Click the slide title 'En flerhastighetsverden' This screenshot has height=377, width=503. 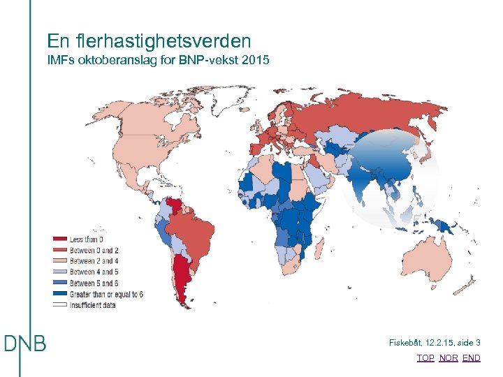pyautogui.click(x=149, y=41)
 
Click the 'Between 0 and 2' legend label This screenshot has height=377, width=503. pyautogui.click(x=94, y=250)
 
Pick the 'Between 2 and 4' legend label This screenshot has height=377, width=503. pyautogui.click(x=94, y=261)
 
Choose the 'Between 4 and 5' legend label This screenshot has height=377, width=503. pyautogui.click(x=94, y=272)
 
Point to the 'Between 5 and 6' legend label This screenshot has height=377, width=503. pyautogui.click(x=94, y=283)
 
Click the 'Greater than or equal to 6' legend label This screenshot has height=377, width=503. pyautogui.click(x=106, y=293)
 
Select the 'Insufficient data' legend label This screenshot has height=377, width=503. pyautogui.click(x=93, y=304)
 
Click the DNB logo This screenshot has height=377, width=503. pyautogui.click(x=26, y=343)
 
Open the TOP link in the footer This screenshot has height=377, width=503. pyautogui.click(x=425, y=357)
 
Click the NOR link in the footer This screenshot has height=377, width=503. pyautogui.click(x=449, y=357)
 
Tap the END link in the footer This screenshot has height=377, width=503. pyautogui.click(x=472, y=357)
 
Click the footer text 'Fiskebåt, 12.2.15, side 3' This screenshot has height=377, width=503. pyautogui.click(x=435, y=343)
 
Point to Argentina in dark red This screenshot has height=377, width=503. pyautogui.click(x=183, y=279)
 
